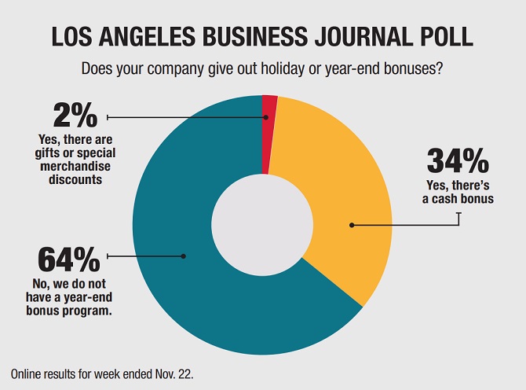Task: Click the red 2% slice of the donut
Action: point(269,126)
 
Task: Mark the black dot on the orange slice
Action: point(352,226)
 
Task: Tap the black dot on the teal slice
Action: point(184,256)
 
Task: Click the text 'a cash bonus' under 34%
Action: point(456,198)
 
